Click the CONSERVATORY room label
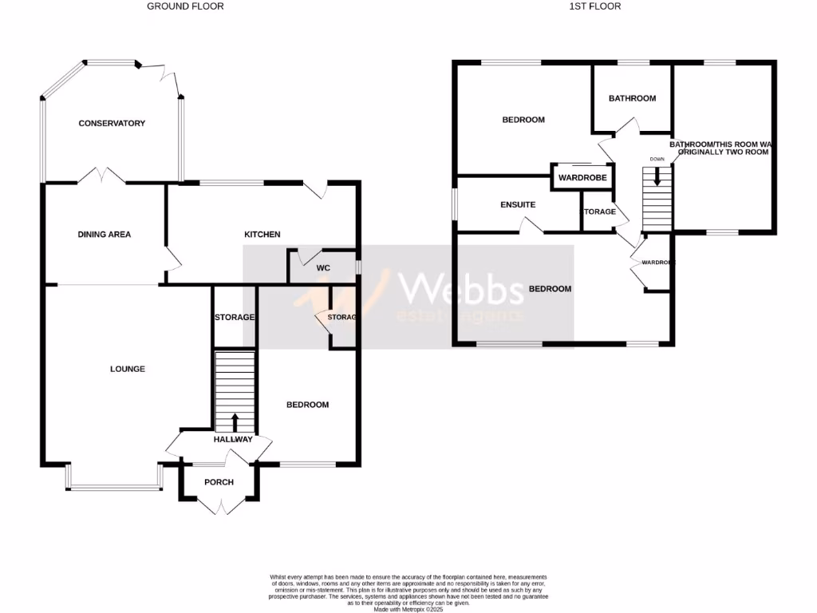pyautogui.click(x=112, y=124)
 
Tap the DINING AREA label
pyautogui.click(x=105, y=235)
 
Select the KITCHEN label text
pyautogui.click(x=262, y=235)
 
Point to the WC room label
pyautogui.click(x=323, y=268)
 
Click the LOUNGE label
pyautogui.click(x=128, y=370)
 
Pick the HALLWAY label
pyautogui.click(x=233, y=440)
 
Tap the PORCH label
pyautogui.click(x=219, y=482)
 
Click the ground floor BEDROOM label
pyautogui.click(x=307, y=405)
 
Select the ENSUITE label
pyautogui.click(x=518, y=205)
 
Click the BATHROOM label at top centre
pyautogui.click(x=632, y=99)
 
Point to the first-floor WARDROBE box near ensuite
pyautogui.click(x=582, y=177)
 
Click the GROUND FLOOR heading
pyautogui.click(x=185, y=6)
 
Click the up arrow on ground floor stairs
pyautogui.click(x=235, y=421)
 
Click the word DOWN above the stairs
pyautogui.click(x=657, y=159)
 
